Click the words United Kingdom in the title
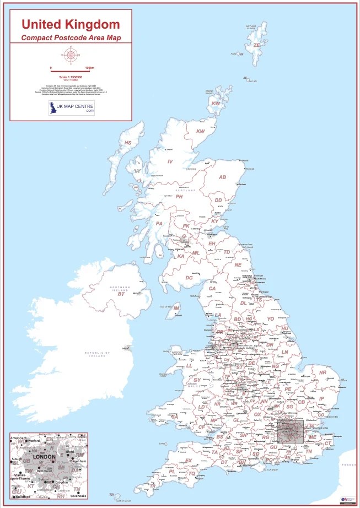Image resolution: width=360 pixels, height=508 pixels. pos(70,24)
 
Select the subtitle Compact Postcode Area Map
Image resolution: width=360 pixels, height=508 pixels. pos(70,37)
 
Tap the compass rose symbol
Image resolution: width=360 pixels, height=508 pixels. pos(70,55)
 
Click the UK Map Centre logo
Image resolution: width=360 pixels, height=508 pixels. pos(71,107)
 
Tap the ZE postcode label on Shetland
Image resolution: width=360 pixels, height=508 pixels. pos(256,45)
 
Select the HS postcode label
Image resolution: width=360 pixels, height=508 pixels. pos(128,143)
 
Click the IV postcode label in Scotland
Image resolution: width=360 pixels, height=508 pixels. pos(170,161)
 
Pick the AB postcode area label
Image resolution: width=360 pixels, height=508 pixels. pos(223,177)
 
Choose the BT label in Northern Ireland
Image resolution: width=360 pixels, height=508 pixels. pos(122,295)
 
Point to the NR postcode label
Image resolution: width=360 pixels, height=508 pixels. pos(323,373)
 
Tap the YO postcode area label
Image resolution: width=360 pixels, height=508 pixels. pos(270,318)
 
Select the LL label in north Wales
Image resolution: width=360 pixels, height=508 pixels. pos(189,365)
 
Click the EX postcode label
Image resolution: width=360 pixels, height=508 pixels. pos(189,461)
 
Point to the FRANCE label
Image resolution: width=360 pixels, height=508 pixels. pos(348,466)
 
